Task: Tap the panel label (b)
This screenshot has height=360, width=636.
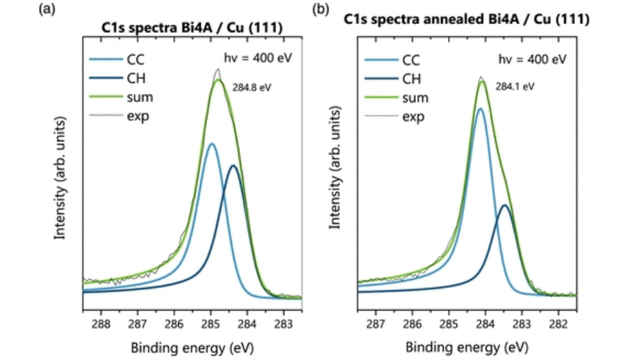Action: click(320, 10)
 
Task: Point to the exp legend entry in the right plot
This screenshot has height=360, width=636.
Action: click(413, 117)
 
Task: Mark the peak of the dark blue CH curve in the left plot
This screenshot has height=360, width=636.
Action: click(234, 165)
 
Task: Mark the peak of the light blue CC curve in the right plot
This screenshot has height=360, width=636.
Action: click(480, 108)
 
